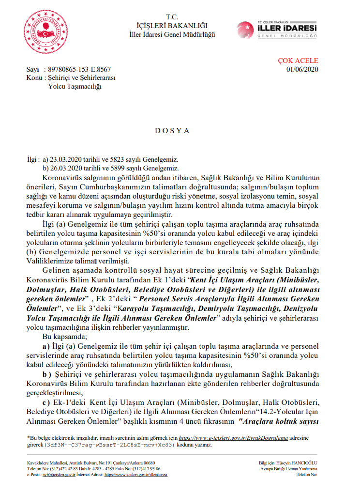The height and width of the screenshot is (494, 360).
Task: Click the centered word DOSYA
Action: click(172, 131)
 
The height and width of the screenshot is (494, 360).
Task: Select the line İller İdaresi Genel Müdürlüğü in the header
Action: click(172, 34)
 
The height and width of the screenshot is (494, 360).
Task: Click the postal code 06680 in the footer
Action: click(147, 463)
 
